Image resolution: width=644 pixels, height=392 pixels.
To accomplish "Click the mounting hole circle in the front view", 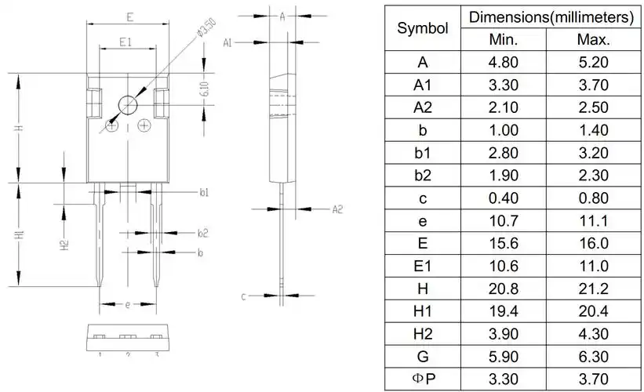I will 127,103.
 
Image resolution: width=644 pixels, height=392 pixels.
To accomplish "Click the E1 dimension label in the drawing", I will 126,42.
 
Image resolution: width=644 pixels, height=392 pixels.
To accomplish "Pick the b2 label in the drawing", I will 203,233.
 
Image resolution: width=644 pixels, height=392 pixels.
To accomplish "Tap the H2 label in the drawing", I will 66,245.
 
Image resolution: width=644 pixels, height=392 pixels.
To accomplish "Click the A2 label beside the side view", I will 337,209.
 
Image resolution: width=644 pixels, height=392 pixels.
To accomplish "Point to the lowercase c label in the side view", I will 244,296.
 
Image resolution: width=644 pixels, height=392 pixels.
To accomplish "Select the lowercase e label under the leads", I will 127,304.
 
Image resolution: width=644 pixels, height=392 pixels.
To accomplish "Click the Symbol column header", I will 423,28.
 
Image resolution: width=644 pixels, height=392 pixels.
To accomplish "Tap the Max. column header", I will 593,40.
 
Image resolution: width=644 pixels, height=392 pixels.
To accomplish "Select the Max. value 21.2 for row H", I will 593,289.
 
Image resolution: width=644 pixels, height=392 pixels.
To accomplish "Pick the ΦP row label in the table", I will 423,379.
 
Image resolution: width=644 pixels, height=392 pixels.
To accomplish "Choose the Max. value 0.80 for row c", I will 593,198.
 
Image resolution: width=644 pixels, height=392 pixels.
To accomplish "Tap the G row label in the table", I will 423,357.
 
